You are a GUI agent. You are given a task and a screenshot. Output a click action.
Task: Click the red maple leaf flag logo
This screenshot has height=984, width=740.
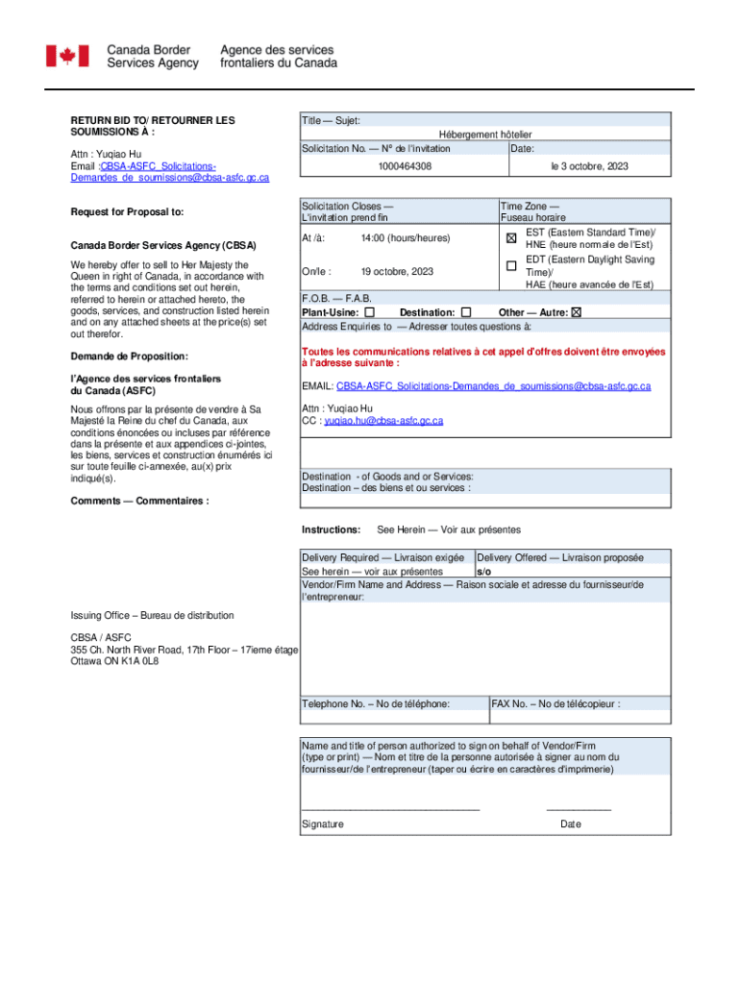point(67,56)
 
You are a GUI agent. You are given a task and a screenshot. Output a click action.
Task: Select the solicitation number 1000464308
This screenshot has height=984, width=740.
point(405,167)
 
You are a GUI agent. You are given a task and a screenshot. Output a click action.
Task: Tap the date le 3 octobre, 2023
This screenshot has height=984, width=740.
point(589,167)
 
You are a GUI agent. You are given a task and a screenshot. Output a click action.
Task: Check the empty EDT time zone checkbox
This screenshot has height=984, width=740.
point(511,265)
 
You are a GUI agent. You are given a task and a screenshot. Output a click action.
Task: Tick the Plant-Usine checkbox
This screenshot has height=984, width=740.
point(370,312)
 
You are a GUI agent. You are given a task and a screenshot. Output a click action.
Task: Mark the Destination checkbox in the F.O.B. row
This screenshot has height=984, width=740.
point(466,312)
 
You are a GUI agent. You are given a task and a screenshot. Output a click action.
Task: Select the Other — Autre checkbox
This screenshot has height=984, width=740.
point(577,312)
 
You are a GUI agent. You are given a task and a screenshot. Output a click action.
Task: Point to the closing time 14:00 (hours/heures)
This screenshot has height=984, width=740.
point(405,237)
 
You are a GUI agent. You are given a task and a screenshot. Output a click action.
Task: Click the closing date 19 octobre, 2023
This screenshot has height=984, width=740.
point(397,272)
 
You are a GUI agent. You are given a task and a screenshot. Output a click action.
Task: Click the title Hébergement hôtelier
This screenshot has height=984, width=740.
point(485,135)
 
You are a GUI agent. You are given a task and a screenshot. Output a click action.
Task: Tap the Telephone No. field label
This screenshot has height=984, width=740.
point(376,704)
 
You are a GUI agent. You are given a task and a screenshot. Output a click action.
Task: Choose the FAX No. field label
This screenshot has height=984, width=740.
point(555,704)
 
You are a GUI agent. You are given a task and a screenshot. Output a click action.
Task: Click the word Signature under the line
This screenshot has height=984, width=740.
point(323,824)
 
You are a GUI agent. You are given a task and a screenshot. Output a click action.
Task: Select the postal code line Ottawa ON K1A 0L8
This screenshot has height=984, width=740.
point(114,662)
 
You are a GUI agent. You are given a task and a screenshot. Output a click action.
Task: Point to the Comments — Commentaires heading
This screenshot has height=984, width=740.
point(139,501)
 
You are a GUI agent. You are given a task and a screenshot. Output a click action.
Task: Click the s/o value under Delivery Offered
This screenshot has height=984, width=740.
point(483,571)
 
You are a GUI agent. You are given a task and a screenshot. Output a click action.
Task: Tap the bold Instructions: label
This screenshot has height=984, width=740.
point(332,530)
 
